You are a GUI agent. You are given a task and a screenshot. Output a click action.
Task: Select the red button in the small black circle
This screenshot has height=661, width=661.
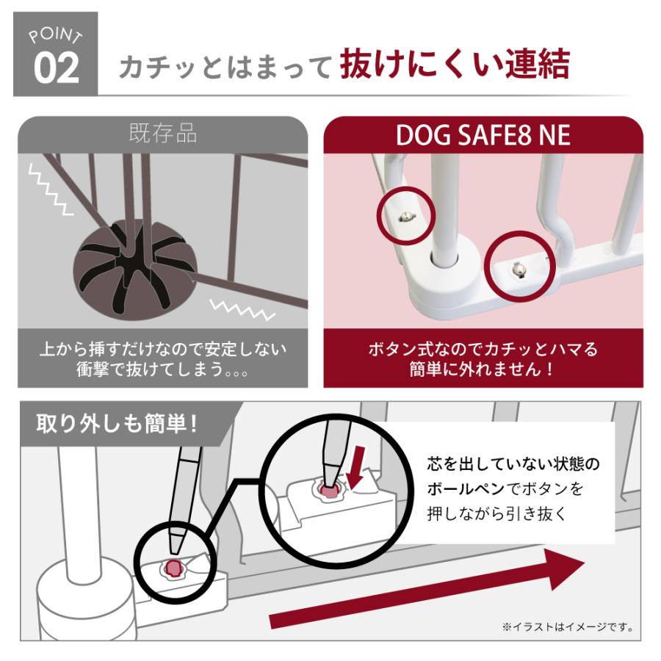[x=176, y=566]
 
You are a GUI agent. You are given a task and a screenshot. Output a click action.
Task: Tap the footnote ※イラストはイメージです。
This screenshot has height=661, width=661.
[x=567, y=627]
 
